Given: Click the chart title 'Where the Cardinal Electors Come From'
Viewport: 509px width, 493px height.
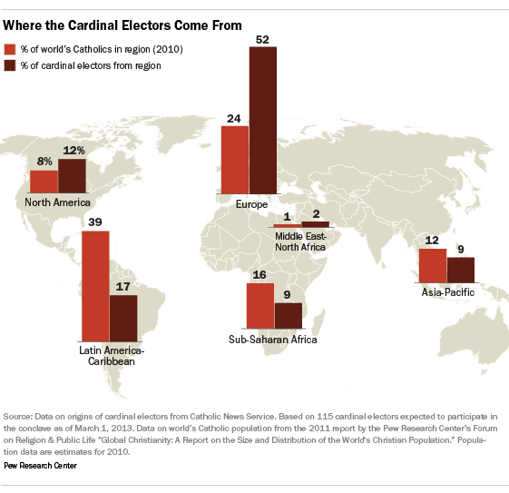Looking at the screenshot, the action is pos(122,25).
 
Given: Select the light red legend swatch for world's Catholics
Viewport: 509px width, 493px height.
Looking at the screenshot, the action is pos(10,49).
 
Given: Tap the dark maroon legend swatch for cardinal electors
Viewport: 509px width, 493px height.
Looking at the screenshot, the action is pos(10,65).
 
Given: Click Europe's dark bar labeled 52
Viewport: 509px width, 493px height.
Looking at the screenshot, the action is pos(263,121).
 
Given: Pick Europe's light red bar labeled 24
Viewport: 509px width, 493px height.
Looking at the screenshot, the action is pos(235,160).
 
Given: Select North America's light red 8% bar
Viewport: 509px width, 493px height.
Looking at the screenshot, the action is pos(44,182).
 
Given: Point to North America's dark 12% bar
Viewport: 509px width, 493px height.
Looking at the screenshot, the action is pos(72,176).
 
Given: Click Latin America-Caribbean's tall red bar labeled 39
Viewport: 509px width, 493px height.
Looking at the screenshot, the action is pos(95,286).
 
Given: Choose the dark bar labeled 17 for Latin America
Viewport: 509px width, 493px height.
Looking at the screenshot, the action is pos(123,319).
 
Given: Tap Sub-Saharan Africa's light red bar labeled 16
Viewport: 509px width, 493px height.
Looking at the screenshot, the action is pos(260,306).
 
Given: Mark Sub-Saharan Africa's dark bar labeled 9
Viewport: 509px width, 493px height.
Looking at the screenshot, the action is pos(289,316).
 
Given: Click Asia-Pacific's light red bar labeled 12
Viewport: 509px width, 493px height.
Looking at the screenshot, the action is pos(433,266).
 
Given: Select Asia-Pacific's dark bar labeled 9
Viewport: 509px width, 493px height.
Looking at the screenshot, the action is pos(461,271).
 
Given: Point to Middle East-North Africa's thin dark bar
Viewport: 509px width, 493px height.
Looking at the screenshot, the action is pos(316,224).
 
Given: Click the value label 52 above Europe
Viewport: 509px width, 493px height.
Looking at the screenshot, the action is pos(262,40).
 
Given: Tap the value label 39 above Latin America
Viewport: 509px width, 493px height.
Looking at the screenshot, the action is pos(95,222).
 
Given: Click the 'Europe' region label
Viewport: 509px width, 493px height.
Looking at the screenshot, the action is pos(251,204).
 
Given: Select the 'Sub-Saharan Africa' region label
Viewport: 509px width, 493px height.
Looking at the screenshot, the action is pos(273,340).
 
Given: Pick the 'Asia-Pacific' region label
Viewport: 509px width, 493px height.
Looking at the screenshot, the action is pos(448,292).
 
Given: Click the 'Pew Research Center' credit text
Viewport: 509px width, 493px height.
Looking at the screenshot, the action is pos(40,466).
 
